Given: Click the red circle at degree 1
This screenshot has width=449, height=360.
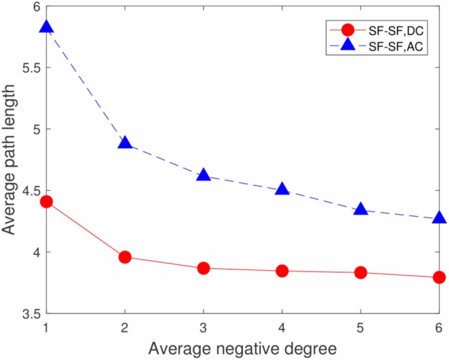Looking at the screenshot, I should [46, 202].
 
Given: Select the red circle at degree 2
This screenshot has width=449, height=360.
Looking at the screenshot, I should [125, 257].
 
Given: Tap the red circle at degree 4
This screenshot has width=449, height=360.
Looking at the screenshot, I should [282, 271].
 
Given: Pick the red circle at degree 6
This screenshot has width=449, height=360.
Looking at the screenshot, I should [439, 277].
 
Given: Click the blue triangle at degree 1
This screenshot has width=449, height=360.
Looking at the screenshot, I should [46, 27].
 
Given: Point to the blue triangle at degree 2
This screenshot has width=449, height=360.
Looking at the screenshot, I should [125, 143].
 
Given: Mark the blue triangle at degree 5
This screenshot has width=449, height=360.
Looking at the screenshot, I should [361, 209].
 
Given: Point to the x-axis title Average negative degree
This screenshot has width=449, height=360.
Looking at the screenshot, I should [243, 349].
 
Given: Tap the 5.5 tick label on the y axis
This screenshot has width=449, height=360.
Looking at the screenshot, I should [28, 68].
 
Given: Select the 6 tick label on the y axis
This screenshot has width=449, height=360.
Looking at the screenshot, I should [36, 6].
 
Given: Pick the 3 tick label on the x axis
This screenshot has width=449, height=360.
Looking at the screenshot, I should [204, 326].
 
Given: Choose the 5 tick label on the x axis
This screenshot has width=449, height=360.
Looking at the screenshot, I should [361, 326].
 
